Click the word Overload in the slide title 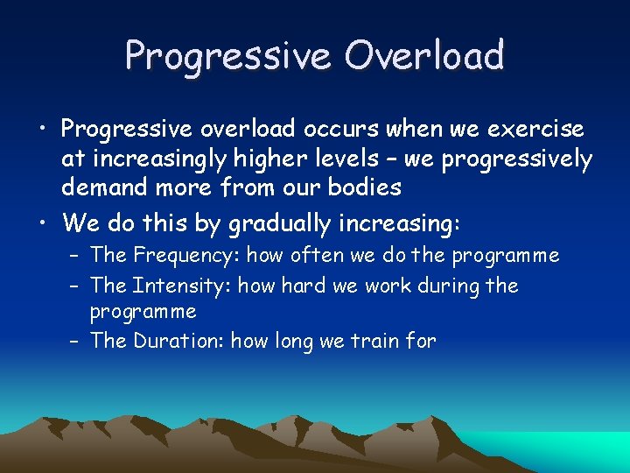click(424, 55)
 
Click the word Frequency click(185, 256)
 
